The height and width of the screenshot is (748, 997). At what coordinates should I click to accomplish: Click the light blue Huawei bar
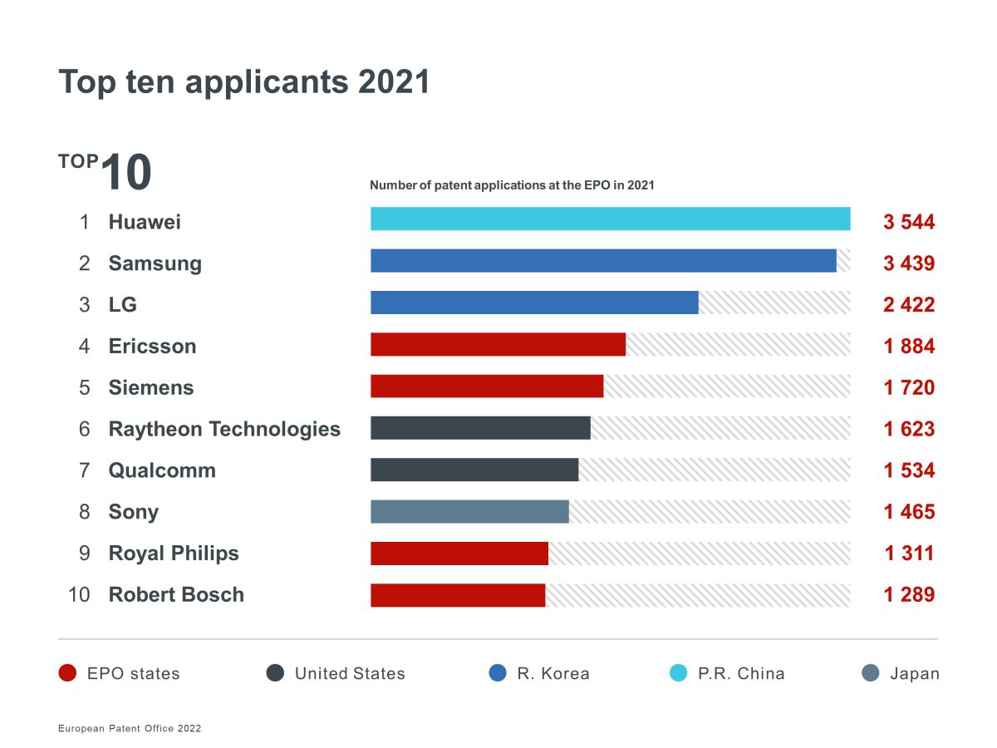coord(610,219)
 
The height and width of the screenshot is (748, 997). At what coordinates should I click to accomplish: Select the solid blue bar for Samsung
coord(603,261)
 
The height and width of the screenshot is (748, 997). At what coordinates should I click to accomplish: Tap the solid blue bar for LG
coord(534,303)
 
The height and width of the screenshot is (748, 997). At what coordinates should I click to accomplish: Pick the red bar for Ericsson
coord(498,344)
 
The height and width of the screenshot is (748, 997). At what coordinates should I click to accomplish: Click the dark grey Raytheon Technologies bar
coord(480,428)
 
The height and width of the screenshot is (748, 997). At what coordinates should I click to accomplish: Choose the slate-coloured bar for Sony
coord(469,511)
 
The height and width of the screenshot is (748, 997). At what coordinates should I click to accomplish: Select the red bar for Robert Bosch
coord(458,595)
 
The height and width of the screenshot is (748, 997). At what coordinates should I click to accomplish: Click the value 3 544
coord(909,222)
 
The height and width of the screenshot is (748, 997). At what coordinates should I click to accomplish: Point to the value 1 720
coord(909,387)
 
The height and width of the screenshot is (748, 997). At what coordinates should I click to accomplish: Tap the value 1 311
coord(909,554)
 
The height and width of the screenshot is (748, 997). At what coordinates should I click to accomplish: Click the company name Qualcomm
coord(162,470)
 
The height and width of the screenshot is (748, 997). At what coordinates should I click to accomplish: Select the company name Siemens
coord(151,387)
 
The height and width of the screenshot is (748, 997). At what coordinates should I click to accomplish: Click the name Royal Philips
coord(174,554)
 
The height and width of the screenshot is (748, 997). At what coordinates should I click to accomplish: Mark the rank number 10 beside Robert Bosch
coord(79,595)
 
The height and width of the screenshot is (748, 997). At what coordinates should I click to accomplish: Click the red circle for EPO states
coord(68,673)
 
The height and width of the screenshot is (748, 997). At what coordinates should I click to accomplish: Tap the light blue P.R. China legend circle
coord(679,673)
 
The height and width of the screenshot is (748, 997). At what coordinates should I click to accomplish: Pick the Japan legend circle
coord(871,673)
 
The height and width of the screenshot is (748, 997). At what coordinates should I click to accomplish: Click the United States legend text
coord(350,673)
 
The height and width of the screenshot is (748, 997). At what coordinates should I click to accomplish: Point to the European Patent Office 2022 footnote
coord(130,728)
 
